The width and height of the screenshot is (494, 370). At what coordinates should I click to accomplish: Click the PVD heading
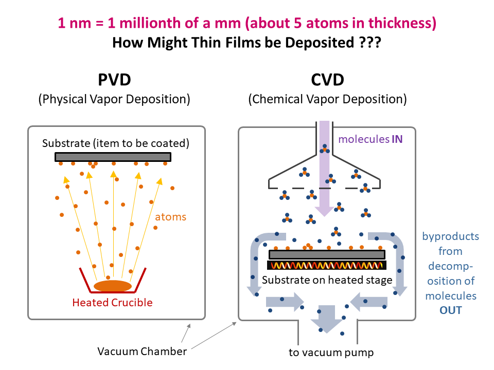pyautogui.click(x=114, y=81)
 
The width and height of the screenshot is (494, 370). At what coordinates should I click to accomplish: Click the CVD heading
pyautogui.click(x=327, y=81)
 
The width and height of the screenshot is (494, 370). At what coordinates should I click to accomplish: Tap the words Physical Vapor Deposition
pyautogui.click(x=114, y=99)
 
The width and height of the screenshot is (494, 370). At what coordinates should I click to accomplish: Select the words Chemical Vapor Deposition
pyautogui.click(x=327, y=99)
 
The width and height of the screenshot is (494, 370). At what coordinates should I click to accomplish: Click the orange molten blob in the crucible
pyautogui.click(x=112, y=286)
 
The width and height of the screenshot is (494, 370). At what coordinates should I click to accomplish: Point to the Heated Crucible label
pyautogui.click(x=112, y=302)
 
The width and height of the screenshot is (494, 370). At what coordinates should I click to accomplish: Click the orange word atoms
pyautogui.click(x=170, y=217)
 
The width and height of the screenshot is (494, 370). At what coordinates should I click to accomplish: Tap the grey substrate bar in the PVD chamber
pyautogui.click(x=113, y=157)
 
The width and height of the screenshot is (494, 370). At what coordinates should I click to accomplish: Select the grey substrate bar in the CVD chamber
pyautogui.click(x=327, y=254)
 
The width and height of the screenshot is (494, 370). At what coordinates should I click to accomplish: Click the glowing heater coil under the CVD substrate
pyautogui.click(x=327, y=266)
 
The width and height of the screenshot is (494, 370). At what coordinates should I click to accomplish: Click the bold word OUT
pyautogui.click(x=450, y=310)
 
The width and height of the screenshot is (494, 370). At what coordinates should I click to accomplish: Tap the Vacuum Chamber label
pyautogui.click(x=142, y=351)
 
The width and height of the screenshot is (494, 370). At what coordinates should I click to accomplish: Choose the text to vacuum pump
pyautogui.click(x=331, y=353)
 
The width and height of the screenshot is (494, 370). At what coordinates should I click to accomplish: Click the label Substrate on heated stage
pyautogui.click(x=327, y=280)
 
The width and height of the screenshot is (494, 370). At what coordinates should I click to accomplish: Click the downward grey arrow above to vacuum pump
pyautogui.click(x=327, y=318)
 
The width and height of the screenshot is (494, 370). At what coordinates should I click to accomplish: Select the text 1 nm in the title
pyautogui.click(x=72, y=23)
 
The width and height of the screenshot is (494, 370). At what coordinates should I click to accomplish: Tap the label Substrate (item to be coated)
pyautogui.click(x=116, y=143)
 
